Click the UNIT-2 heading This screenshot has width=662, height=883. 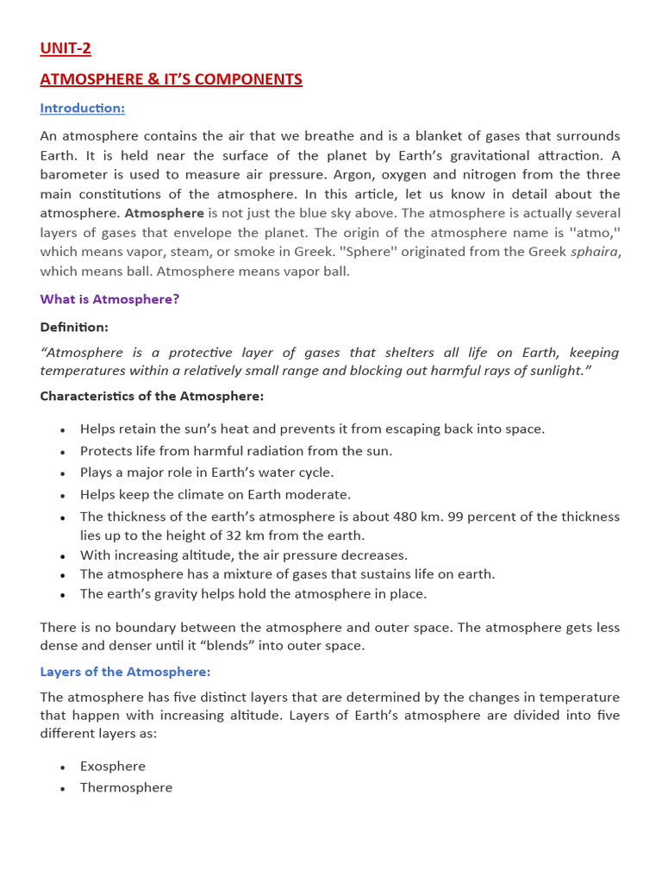click(66, 48)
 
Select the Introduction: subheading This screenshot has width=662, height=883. click(83, 108)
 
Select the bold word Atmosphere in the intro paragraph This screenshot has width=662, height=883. click(165, 213)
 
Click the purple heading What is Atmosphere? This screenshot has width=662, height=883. click(109, 299)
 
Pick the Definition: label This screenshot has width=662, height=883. click(74, 327)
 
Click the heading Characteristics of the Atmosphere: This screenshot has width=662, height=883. click(152, 396)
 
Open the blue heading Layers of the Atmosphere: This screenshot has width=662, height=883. click(125, 672)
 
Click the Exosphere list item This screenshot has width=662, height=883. click(113, 766)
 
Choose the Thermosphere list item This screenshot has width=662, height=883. click(126, 787)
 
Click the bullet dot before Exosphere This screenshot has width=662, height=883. click(63, 767)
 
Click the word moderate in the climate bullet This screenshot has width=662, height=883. click(321, 494)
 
